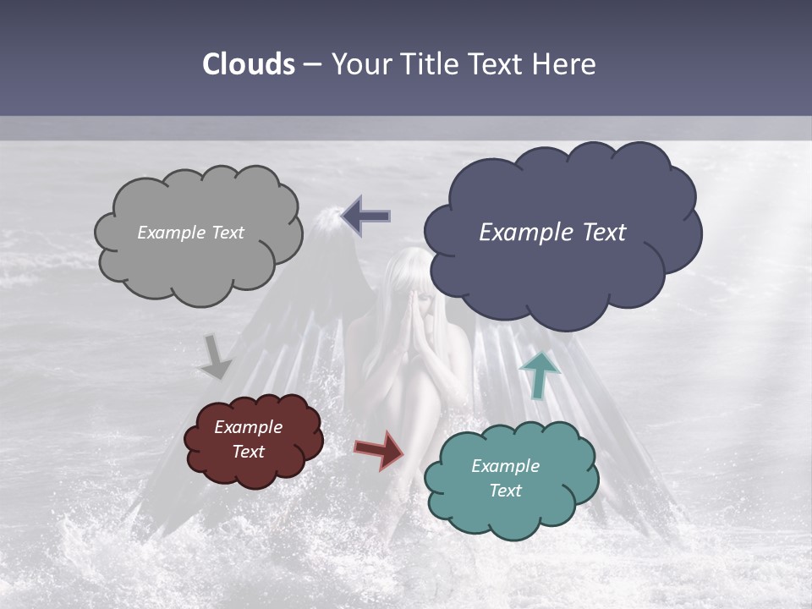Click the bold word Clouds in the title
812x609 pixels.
(x=249, y=64)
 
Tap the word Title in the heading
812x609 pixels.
(x=430, y=64)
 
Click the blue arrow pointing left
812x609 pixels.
(x=366, y=217)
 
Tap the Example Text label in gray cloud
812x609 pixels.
(x=190, y=233)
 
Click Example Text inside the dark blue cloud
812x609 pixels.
(x=552, y=233)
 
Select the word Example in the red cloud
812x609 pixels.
(x=248, y=427)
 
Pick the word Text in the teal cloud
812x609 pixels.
(x=505, y=491)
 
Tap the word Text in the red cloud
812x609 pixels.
(x=248, y=452)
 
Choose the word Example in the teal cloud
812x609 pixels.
(x=505, y=466)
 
